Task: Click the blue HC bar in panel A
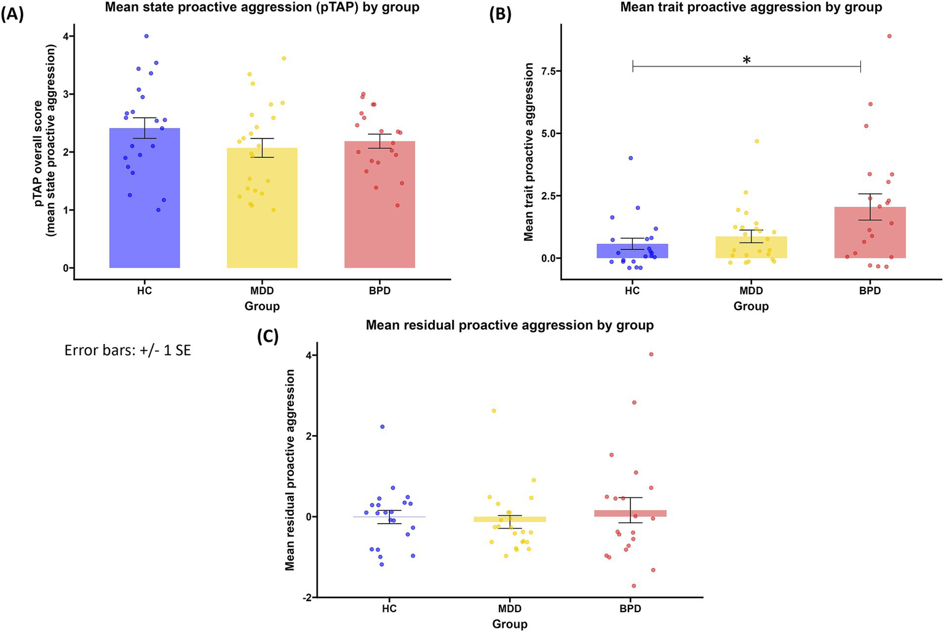pyautogui.click(x=145, y=203)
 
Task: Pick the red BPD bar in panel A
pyautogui.click(x=379, y=209)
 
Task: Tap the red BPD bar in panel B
pyautogui.click(x=870, y=234)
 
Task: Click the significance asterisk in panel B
pyautogui.click(x=747, y=60)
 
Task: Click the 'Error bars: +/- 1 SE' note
pyautogui.click(x=128, y=351)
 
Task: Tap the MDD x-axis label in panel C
pyautogui.click(x=510, y=609)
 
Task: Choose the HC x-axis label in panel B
pyautogui.click(x=632, y=291)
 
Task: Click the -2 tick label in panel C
pyautogui.click(x=310, y=598)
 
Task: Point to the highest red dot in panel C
pyautogui.click(x=651, y=354)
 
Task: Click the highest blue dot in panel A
pyautogui.click(x=146, y=36)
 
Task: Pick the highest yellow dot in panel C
pyautogui.click(x=493, y=410)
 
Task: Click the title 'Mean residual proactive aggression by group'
pyautogui.click(x=509, y=325)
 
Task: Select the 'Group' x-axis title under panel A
pyautogui.click(x=262, y=306)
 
